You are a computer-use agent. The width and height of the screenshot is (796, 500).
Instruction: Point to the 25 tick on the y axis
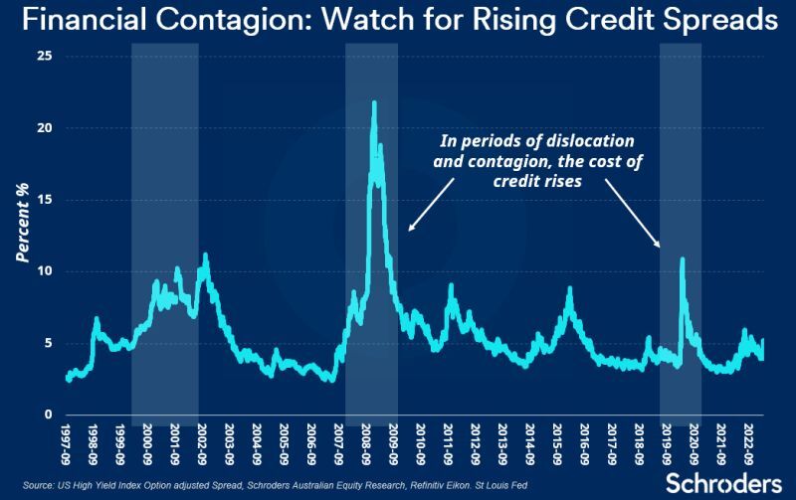click(x=43, y=56)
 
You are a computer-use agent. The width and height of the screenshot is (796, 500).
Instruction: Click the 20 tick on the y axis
click(x=43, y=128)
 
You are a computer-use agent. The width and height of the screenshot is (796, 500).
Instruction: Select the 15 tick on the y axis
click(x=43, y=200)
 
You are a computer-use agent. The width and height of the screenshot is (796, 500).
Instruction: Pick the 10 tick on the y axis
click(x=43, y=271)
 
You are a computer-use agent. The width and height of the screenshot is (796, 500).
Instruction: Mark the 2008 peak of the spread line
click(x=373, y=102)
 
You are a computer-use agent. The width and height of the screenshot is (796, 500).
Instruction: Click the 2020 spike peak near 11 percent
click(x=682, y=259)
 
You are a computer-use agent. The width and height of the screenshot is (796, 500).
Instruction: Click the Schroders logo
click(x=720, y=482)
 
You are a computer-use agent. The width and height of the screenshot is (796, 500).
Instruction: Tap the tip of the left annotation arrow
click(x=409, y=233)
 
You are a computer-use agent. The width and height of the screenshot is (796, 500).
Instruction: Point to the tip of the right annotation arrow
click(x=659, y=247)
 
